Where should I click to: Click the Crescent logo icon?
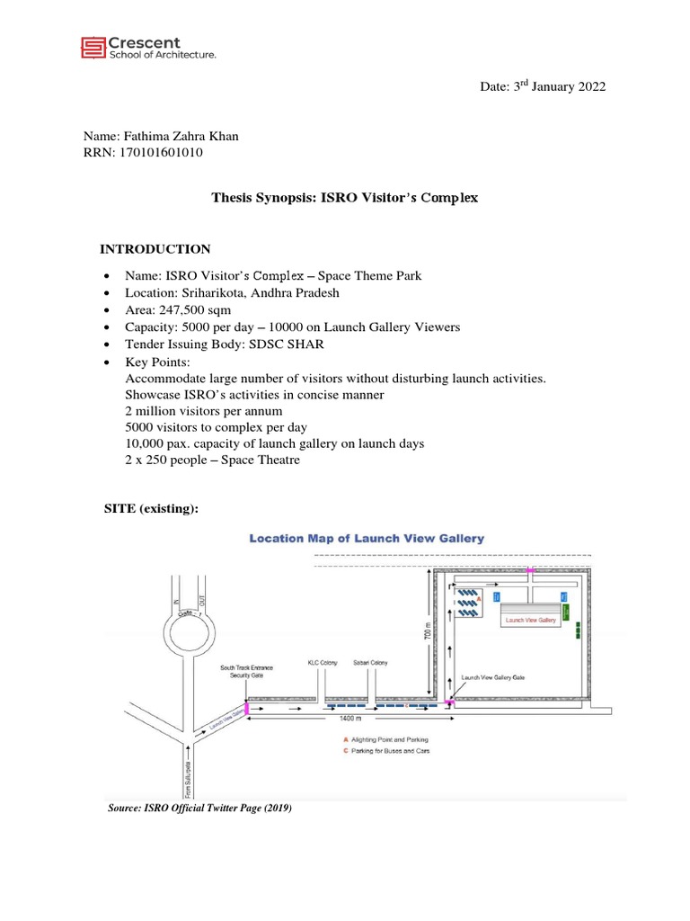click(93, 48)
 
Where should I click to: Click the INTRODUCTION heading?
click(155, 249)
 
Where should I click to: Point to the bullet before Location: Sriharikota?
click(108, 294)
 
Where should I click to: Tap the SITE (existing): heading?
click(151, 510)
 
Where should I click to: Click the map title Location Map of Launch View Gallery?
click(367, 539)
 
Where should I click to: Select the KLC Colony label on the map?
click(323, 663)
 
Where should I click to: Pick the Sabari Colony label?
click(370, 663)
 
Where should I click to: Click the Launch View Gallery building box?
click(531, 620)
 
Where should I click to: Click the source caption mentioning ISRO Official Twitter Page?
click(199, 809)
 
